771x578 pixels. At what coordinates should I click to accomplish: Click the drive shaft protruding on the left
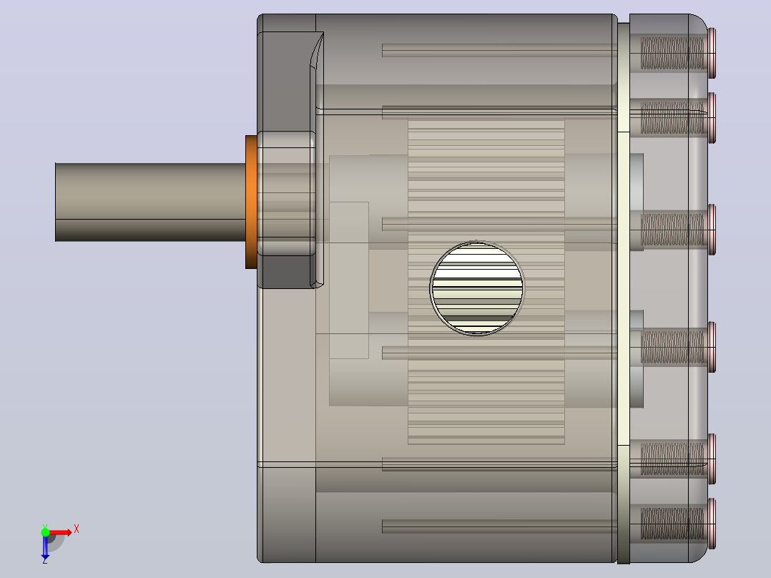(x=150, y=202)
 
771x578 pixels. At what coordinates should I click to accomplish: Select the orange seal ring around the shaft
(x=251, y=202)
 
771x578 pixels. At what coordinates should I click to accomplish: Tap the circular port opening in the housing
(x=477, y=288)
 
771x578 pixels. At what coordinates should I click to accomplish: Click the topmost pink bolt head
(x=712, y=53)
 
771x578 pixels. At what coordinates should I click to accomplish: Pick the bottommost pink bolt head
(x=712, y=524)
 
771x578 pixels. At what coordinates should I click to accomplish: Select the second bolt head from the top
(x=712, y=117)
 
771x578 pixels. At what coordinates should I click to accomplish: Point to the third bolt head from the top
(x=712, y=230)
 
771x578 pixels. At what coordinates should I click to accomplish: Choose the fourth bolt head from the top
(x=712, y=347)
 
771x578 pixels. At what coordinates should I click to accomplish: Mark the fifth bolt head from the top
(x=712, y=459)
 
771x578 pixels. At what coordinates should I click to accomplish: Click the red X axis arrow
(x=60, y=532)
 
